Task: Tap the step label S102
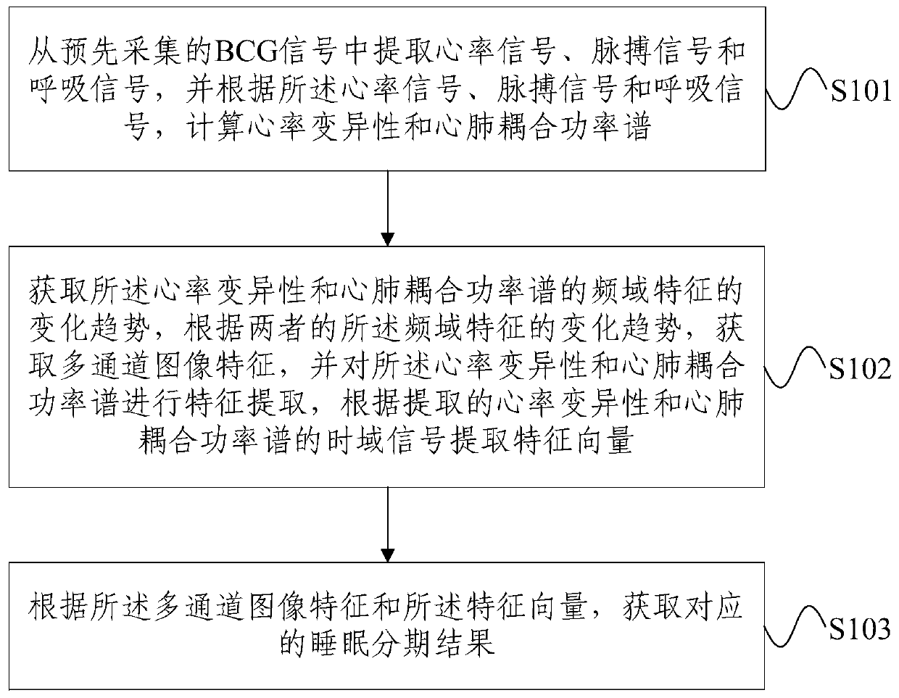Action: (x=861, y=370)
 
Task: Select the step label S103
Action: (x=861, y=629)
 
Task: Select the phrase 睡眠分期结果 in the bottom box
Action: (x=387, y=642)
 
